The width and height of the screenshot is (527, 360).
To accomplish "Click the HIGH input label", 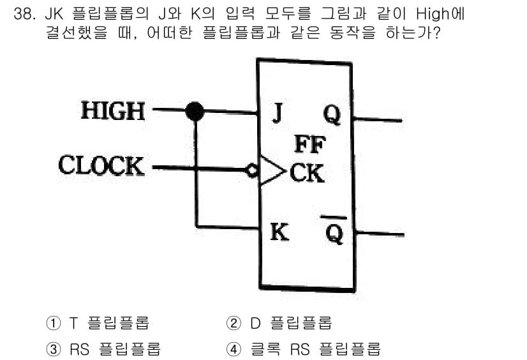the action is click(x=113, y=110).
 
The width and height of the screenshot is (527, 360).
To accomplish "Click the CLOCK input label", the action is click(x=101, y=165).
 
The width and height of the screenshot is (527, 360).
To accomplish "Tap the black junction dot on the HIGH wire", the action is click(x=195, y=111).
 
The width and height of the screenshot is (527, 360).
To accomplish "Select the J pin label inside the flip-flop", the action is click(x=278, y=113).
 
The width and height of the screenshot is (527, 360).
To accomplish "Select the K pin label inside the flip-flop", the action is click(x=279, y=232).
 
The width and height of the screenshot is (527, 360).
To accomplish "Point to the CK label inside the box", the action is click(x=307, y=173).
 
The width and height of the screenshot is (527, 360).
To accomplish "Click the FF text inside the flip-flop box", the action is click(x=310, y=144).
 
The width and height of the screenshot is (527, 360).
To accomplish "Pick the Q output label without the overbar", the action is click(x=332, y=115).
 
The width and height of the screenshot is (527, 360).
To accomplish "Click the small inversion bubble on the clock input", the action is click(x=252, y=170).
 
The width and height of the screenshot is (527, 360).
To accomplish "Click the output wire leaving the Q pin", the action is click(x=377, y=119).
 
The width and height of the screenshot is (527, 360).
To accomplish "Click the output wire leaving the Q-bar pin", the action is click(x=380, y=234).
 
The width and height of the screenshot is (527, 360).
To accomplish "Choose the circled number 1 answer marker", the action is click(x=53, y=323).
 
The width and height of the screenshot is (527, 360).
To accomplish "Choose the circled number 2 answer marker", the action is click(x=234, y=323).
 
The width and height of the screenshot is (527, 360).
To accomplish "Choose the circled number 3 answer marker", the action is click(x=53, y=349).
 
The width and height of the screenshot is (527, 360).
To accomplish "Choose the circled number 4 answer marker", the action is click(x=234, y=349).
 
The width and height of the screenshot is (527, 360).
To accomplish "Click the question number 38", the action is click(x=24, y=14).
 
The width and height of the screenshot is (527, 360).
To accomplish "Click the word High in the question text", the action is click(x=433, y=14).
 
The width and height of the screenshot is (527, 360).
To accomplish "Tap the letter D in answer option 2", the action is click(x=255, y=323).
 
